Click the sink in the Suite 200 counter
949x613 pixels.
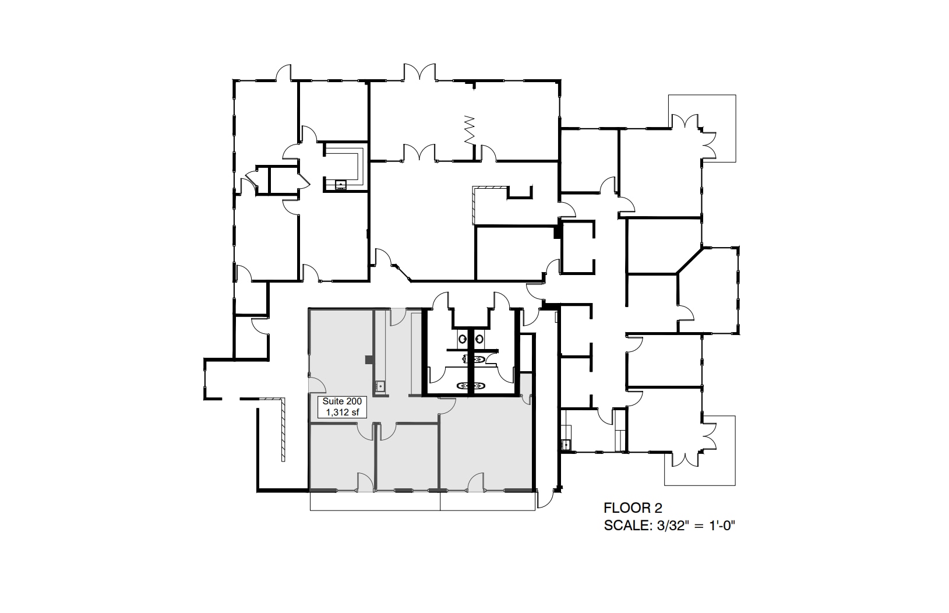click(x=380, y=385)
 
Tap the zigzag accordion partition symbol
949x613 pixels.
click(x=470, y=129)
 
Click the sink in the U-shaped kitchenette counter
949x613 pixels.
click(x=340, y=185)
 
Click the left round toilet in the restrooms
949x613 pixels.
click(x=462, y=338)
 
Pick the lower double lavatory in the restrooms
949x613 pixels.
click(x=471, y=385)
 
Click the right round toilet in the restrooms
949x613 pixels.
click(x=479, y=338)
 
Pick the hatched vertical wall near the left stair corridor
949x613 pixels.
click(x=283, y=429)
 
